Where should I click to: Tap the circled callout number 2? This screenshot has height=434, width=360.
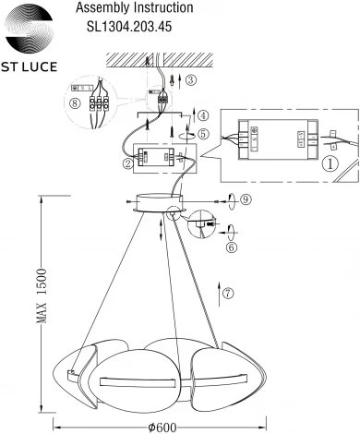[126, 164]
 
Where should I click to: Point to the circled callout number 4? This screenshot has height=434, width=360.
[203, 115]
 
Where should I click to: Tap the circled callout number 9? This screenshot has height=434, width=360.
[245, 199]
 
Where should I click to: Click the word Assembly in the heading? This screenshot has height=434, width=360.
[97, 7]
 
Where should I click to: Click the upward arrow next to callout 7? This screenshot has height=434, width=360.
[217, 294]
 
